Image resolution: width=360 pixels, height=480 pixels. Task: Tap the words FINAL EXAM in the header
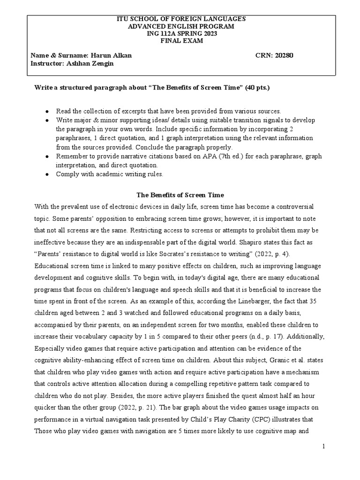click(x=180, y=41)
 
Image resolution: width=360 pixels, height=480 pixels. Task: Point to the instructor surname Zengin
click(x=102, y=63)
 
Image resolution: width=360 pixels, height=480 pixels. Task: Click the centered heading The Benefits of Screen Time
click(x=180, y=195)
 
